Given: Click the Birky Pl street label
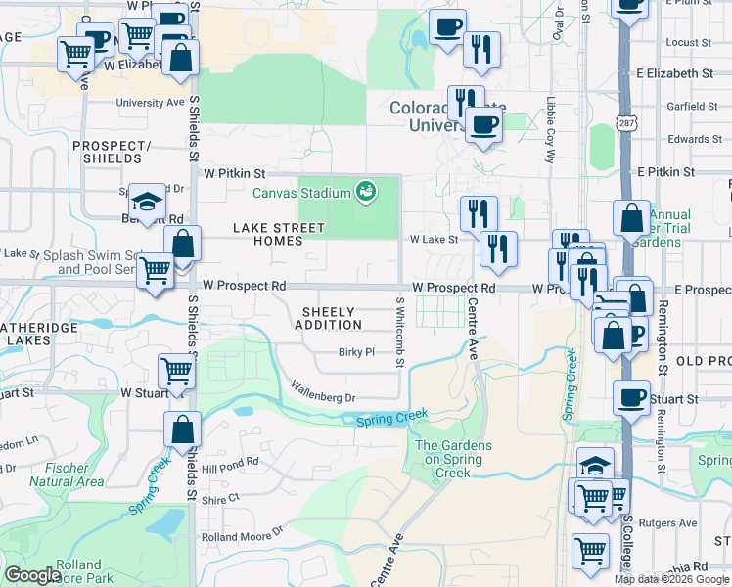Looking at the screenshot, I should click(x=357, y=352).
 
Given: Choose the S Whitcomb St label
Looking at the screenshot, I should click(x=400, y=333).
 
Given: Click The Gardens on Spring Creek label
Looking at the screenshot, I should click(x=454, y=459).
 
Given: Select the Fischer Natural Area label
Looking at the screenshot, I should click(x=67, y=474).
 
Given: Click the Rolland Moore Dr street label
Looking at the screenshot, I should click(x=242, y=537).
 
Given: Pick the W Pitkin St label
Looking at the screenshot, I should click(x=235, y=172).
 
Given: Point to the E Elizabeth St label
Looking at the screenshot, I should click(x=674, y=73).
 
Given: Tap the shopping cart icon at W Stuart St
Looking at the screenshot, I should click(x=176, y=372).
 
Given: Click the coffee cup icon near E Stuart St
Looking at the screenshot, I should click(x=631, y=397).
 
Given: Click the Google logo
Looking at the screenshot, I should click(x=32, y=575).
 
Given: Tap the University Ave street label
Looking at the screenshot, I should click(x=150, y=102).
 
